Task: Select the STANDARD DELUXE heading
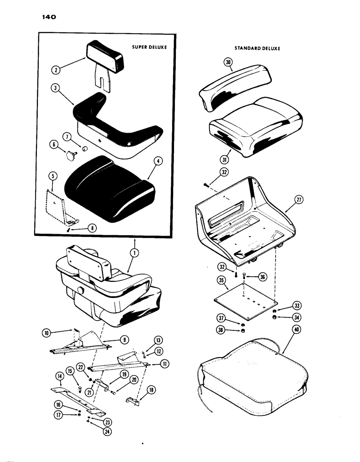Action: (x=257, y=49)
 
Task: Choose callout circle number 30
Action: (x=227, y=65)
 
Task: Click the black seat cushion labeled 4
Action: (x=108, y=187)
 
